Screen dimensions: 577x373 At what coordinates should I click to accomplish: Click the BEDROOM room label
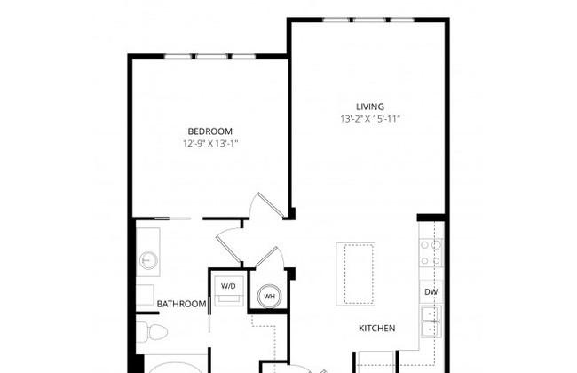tap(210, 131)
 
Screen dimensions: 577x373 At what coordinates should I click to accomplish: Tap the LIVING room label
tap(370, 107)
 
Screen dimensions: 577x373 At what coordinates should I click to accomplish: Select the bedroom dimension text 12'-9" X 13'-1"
tap(211, 144)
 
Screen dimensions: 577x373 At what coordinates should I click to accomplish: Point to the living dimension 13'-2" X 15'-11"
tap(370, 119)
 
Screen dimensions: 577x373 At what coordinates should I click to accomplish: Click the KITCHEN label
tap(377, 328)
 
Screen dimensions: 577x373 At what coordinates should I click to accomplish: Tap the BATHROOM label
tap(181, 304)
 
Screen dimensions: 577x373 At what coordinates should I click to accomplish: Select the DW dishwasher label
tap(431, 291)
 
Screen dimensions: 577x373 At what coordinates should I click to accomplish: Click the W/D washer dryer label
tap(228, 286)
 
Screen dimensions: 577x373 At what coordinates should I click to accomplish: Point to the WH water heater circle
tap(269, 296)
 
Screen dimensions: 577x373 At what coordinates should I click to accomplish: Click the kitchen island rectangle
tap(355, 274)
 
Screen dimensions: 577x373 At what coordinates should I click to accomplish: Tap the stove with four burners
tap(431, 252)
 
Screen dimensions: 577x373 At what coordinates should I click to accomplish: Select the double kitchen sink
tap(431, 321)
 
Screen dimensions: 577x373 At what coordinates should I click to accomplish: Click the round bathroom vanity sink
tap(148, 261)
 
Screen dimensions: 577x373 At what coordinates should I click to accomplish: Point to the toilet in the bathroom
tap(152, 332)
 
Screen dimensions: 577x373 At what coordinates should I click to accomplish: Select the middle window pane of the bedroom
tap(211, 56)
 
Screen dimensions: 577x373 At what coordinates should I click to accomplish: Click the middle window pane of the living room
tap(369, 20)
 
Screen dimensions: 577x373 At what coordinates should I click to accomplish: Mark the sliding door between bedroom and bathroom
tap(173, 218)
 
